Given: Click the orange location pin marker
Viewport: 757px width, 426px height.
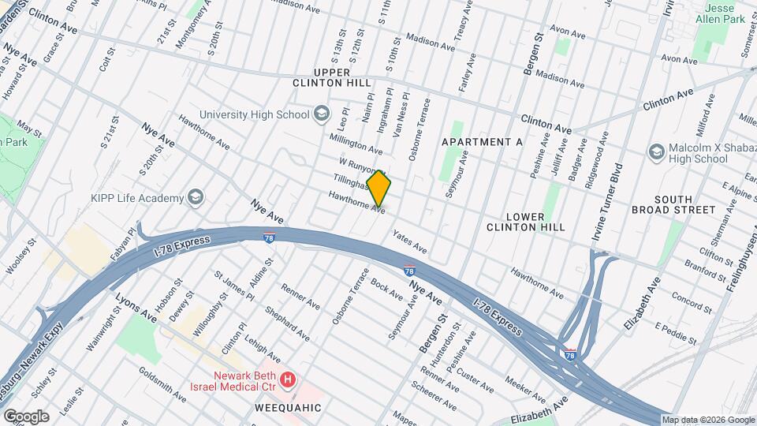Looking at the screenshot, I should (x=378, y=189).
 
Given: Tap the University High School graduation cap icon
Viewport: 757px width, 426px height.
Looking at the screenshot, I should (x=322, y=114).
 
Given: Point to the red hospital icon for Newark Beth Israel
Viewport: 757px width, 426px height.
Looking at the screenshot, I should (x=288, y=380).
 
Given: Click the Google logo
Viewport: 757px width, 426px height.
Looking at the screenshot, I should (x=25, y=416).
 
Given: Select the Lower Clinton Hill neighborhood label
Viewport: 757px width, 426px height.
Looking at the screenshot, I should (x=526, y=221).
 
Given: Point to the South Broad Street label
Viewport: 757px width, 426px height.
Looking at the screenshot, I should (x=673, y=204).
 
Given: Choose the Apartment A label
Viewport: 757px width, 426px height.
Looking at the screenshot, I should (x=482, y=141).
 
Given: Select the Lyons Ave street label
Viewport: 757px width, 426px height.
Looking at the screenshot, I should (x=136, y=308).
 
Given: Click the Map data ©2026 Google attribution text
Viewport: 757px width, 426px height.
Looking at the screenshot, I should (x=707, y=419).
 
